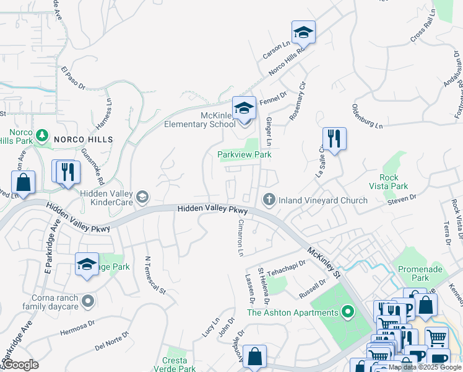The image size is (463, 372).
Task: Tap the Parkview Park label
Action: coord(244,154)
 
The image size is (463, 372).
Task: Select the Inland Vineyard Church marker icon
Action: coord(269,199)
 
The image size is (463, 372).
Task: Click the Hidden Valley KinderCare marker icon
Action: coord(142,197)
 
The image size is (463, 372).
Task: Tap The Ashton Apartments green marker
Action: coord(348,312)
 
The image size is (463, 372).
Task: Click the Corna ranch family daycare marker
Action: coord(88,301)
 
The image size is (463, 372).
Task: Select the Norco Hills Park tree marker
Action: coord(42,134)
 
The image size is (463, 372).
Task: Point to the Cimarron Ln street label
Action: coord(240,237)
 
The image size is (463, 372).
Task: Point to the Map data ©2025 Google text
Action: coord(425,367)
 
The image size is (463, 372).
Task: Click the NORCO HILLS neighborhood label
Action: coord(84,139)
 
